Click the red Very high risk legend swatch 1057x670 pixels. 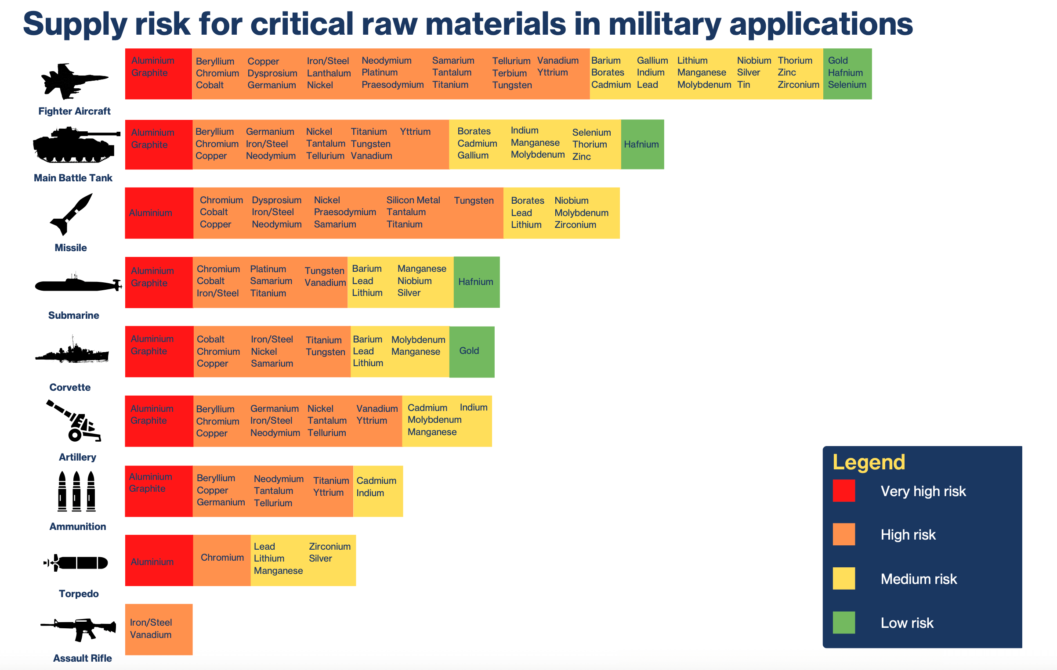pyautogui.click(x=843, y=490)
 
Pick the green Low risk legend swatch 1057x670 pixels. pyautogui.click(x=843, y=622)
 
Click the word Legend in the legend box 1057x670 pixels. pyautogui.click(x=869, y=462)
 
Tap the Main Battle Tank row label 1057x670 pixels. pyautogui.click(x=73, y=178)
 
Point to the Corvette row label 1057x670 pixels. pyautogui.click(x=70, y=387)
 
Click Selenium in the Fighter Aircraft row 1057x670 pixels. pyautogui.click(x=847, y=84)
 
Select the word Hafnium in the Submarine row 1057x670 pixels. pyautogui.click(x=475, y=281)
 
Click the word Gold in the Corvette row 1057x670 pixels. pyautogui.click(x=469, y=350)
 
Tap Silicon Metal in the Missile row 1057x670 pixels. pyautogui.click(x=413, y=200)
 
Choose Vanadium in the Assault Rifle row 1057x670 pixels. pyautogui.click(x=151, y=634)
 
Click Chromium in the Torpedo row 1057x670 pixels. pyautogui.click(x=222, y=557)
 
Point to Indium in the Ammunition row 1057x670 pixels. pyautogui.click(x=370, y=493)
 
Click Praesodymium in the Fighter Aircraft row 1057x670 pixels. pyautogui.click(x=392, y=84)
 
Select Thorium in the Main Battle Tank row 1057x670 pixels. pyautogui.click(x=590, y=144)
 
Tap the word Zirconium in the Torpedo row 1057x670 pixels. pyautogui.click(x=329, y=546)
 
